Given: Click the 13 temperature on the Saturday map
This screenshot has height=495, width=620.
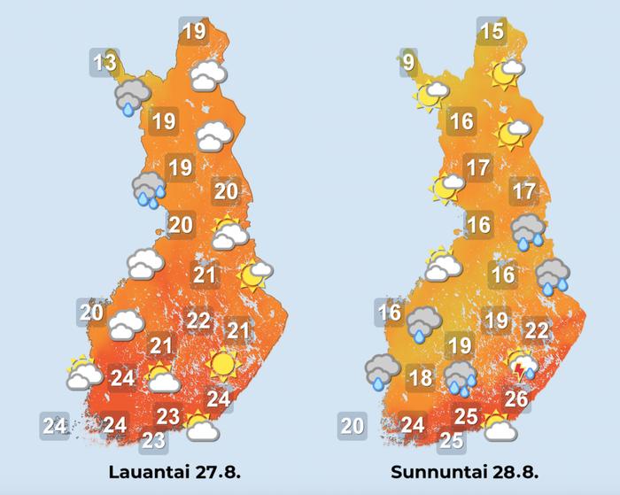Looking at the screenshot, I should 105,63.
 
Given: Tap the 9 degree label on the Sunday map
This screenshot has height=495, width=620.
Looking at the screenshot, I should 407,63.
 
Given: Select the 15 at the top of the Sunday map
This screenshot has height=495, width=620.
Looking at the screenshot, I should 492,33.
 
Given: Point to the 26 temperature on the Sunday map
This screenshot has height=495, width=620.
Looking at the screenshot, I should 516,399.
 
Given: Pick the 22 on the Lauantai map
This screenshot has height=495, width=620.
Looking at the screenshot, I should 198,320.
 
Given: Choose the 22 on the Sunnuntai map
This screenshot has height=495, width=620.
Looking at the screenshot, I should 537,331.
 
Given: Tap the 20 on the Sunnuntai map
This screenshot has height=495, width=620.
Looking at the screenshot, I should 353,426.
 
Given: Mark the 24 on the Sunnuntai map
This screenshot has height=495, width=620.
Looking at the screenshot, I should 413,425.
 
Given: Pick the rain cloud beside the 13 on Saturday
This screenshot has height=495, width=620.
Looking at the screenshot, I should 131,96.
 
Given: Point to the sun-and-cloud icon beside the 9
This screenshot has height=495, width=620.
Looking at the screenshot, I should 432,93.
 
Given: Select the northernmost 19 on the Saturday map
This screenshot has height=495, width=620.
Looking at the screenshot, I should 194,33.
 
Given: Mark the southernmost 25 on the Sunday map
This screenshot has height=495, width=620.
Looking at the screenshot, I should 452,439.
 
